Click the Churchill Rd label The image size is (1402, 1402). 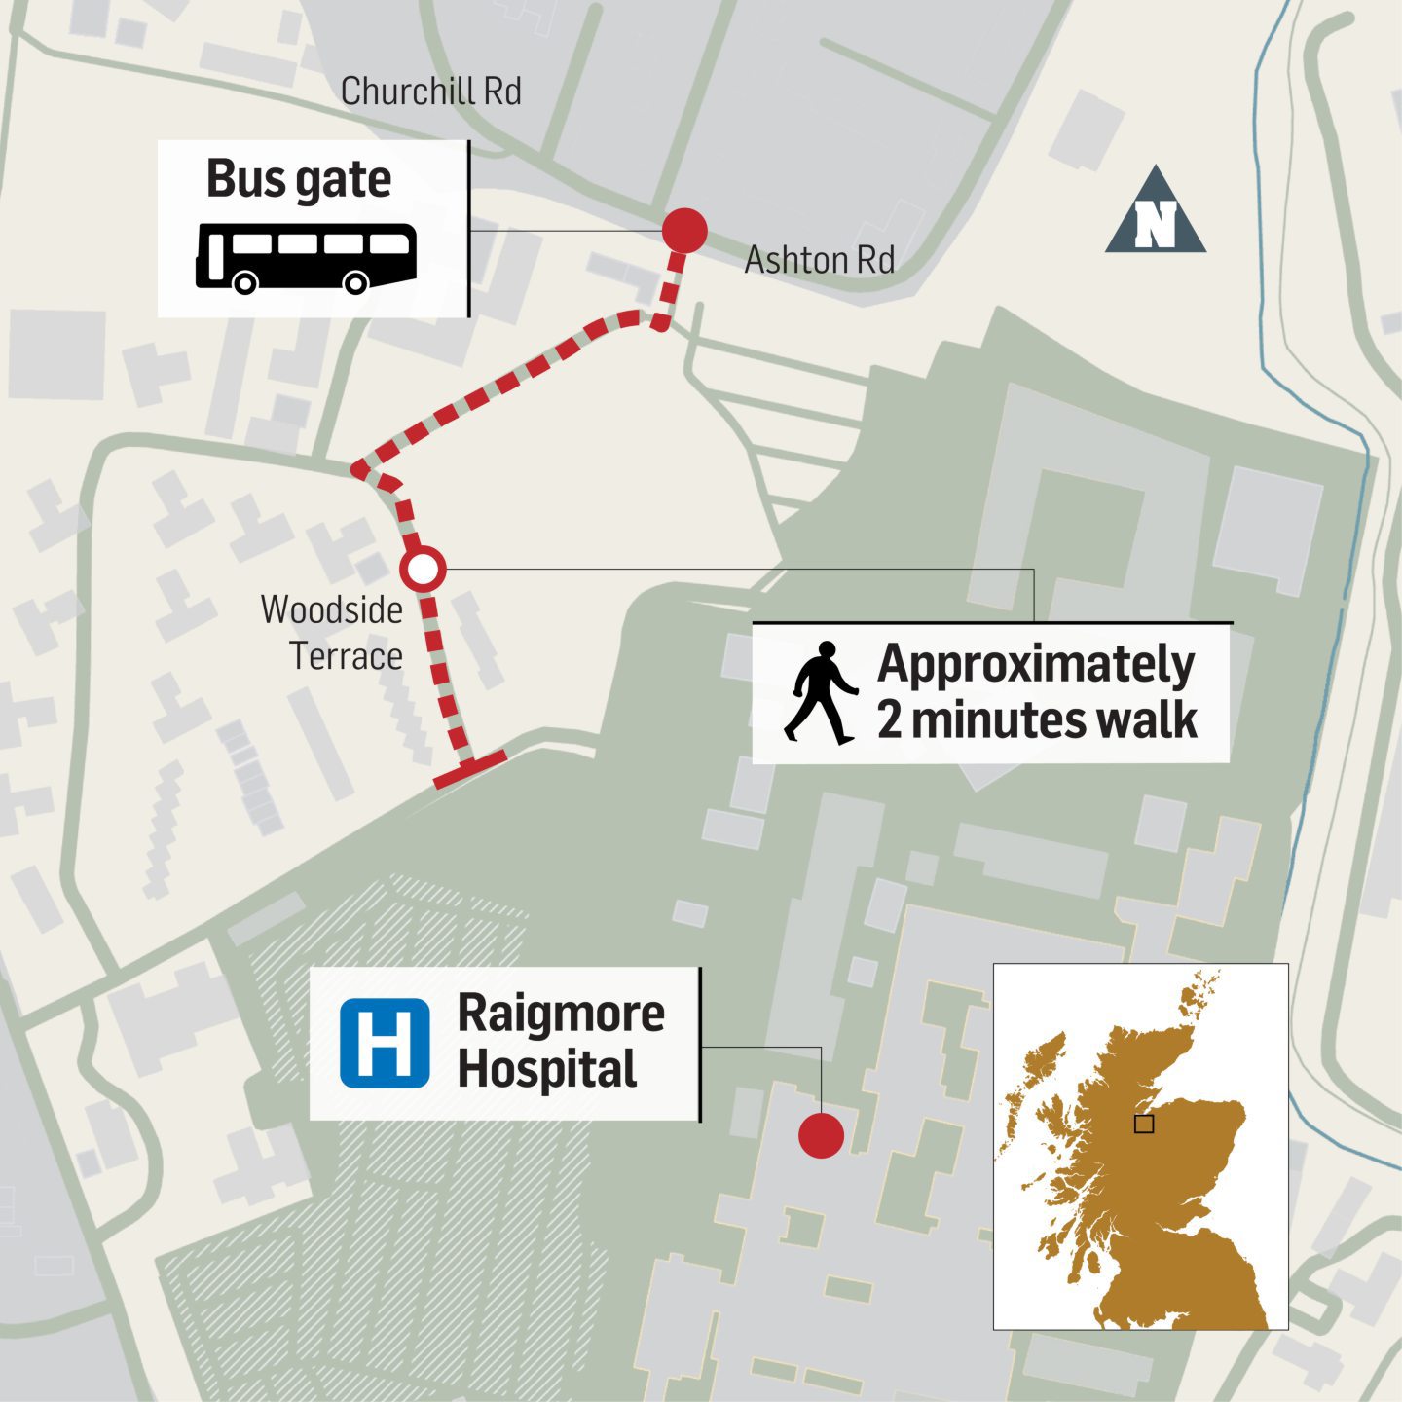(x=430, y=92)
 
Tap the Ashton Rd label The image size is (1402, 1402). (x=819, y=260)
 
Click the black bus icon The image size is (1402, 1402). (x=307, y=257)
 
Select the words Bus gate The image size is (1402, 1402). (x=299, y=179)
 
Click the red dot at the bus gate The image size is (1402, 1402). (x=684, y=231)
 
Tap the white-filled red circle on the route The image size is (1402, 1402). (x=424, y=570)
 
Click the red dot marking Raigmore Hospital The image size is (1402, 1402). (x=821, y=1135)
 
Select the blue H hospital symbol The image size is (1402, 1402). (x=385, y=1043)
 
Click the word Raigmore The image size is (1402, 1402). (x=561, y=1014)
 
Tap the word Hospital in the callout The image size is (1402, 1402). (x=547, y=1070)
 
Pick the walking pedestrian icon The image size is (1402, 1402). (x=821, y=693)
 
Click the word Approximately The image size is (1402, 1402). (x=1036, y=664)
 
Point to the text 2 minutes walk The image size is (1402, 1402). (x=1036, y=720)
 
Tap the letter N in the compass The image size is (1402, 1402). (x=1156, y=226)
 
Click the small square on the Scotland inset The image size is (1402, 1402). (x=1144, y=1124)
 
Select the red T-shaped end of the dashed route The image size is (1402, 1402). (x=470, y=768)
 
